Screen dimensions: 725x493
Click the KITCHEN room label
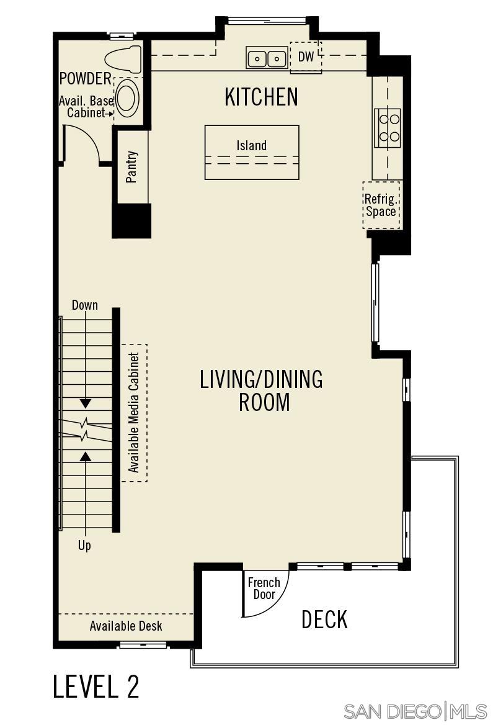point(261,97)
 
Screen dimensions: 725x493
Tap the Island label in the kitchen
point(252,146)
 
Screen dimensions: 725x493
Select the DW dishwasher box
point(306,57)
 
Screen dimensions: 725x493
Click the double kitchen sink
point(267,58)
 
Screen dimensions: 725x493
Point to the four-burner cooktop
point(388,127)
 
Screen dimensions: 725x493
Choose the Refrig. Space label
point(381,205)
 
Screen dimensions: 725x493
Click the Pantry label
point(131,168)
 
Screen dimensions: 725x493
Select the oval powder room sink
point(127,99)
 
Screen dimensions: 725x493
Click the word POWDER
point(86,79)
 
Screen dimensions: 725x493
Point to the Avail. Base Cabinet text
point(86,107)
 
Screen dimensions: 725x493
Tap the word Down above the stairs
point(85,305)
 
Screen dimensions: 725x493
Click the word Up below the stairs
point(84,546)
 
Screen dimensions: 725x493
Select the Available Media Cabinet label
point(134,413)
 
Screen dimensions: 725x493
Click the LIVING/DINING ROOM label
point(261,390)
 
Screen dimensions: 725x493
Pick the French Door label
point(264,588)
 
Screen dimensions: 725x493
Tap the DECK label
point(324,619)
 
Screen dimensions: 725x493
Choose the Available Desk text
point(126,626)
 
